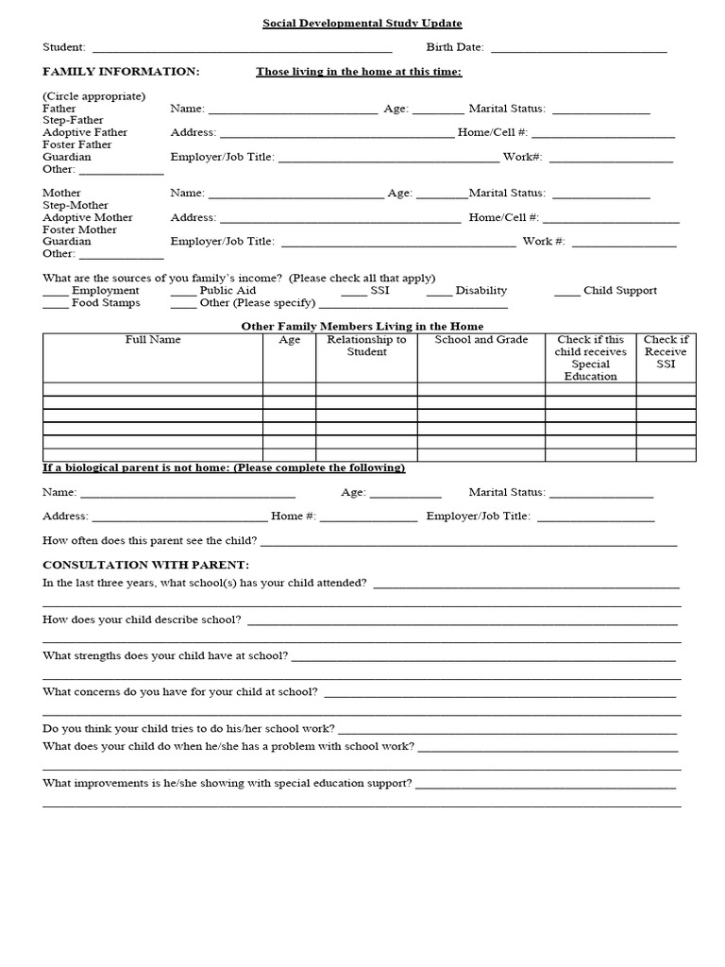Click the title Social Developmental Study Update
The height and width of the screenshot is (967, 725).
point(362,24)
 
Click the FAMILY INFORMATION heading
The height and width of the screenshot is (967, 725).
point(121,72)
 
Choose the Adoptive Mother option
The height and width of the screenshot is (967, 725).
point(88,217)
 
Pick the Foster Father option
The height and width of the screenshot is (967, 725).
point(77,145)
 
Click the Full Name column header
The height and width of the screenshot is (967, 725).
point(153,340)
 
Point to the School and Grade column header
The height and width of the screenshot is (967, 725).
point(481,340)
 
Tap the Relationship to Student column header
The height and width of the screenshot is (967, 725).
point(366,346)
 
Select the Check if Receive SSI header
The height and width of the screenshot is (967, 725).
point(666,351)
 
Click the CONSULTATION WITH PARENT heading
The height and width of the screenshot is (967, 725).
point(145,565)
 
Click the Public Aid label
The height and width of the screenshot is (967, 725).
point(228,291)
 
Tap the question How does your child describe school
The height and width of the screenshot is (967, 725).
point(142,620)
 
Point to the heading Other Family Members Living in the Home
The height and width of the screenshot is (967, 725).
point(363,327)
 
